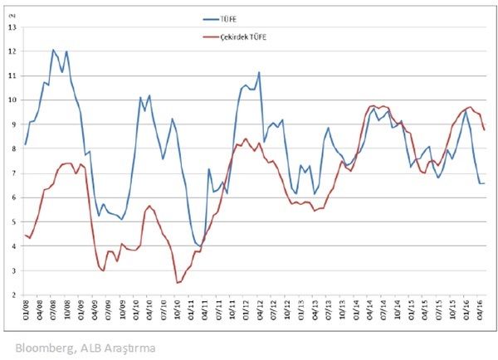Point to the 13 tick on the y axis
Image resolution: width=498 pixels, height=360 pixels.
tap(12, 27)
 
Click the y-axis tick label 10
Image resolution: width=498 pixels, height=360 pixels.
tap(12, 100)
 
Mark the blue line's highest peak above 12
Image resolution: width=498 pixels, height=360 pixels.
tap(53, 50)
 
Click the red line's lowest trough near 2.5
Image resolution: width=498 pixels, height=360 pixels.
tap(177, 283)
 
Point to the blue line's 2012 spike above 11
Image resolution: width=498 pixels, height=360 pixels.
tap(259, 72)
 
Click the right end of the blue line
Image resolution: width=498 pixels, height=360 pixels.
tap(484, 183)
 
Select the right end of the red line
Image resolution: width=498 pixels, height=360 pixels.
tap(484, 129)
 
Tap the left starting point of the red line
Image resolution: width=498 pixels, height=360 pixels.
tap(26, 235)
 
